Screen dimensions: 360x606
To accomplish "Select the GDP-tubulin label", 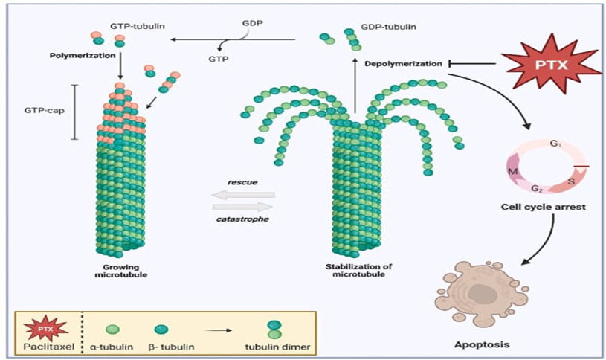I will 389,26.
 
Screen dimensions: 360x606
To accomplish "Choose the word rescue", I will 243,181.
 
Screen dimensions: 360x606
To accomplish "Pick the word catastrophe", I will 243,219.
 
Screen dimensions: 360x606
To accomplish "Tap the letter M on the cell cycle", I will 512,171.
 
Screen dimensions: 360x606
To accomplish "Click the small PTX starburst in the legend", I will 48,327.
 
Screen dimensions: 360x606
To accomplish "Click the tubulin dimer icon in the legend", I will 274,329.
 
